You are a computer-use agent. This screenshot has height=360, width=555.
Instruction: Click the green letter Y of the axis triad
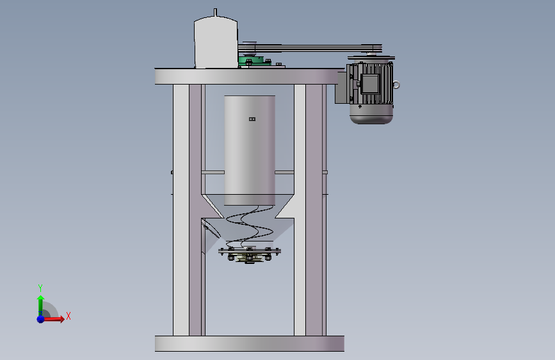pos(40,288)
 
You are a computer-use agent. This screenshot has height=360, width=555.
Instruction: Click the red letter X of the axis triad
pos(68,316)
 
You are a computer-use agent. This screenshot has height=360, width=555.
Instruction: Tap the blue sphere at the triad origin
pos(41,319)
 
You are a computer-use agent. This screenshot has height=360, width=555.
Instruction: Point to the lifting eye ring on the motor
pos(396,85)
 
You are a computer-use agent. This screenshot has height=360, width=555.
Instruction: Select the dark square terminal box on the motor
pos(370,84)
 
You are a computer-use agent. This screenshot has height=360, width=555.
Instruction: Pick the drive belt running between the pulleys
pos(310,48)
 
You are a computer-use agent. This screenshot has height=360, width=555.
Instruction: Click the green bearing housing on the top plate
pos(253,61)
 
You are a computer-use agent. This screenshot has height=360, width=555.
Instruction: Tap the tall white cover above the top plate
pos(216,42)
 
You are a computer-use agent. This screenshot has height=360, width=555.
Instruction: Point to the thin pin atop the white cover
pos(216,12)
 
